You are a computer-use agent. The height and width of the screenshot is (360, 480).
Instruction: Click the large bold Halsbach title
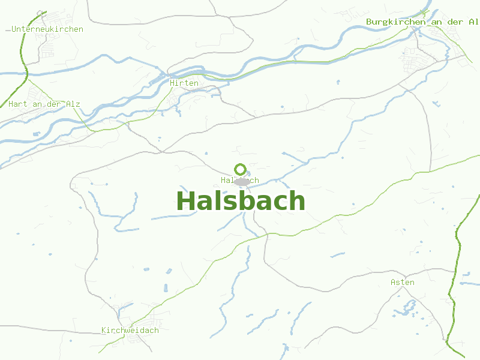[241, 201]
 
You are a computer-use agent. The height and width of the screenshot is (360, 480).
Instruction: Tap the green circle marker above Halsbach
[240, 169]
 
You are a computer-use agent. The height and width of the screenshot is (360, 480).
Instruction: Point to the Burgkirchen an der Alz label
[422, 22]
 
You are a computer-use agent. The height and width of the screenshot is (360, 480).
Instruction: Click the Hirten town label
[184, 83]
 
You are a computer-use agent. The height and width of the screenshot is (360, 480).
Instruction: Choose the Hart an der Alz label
[44, 104]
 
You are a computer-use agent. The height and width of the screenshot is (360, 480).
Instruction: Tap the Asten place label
[402, 282]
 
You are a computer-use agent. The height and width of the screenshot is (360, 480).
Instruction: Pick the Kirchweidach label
[130, 331]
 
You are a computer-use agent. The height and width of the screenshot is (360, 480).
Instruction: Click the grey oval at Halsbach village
[242, 181]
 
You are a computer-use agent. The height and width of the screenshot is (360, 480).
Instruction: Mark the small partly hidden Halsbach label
[239, 180]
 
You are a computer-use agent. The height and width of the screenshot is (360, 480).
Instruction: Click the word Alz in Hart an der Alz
[73, 104]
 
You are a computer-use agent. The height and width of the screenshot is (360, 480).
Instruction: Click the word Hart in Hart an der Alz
[18, 104]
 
